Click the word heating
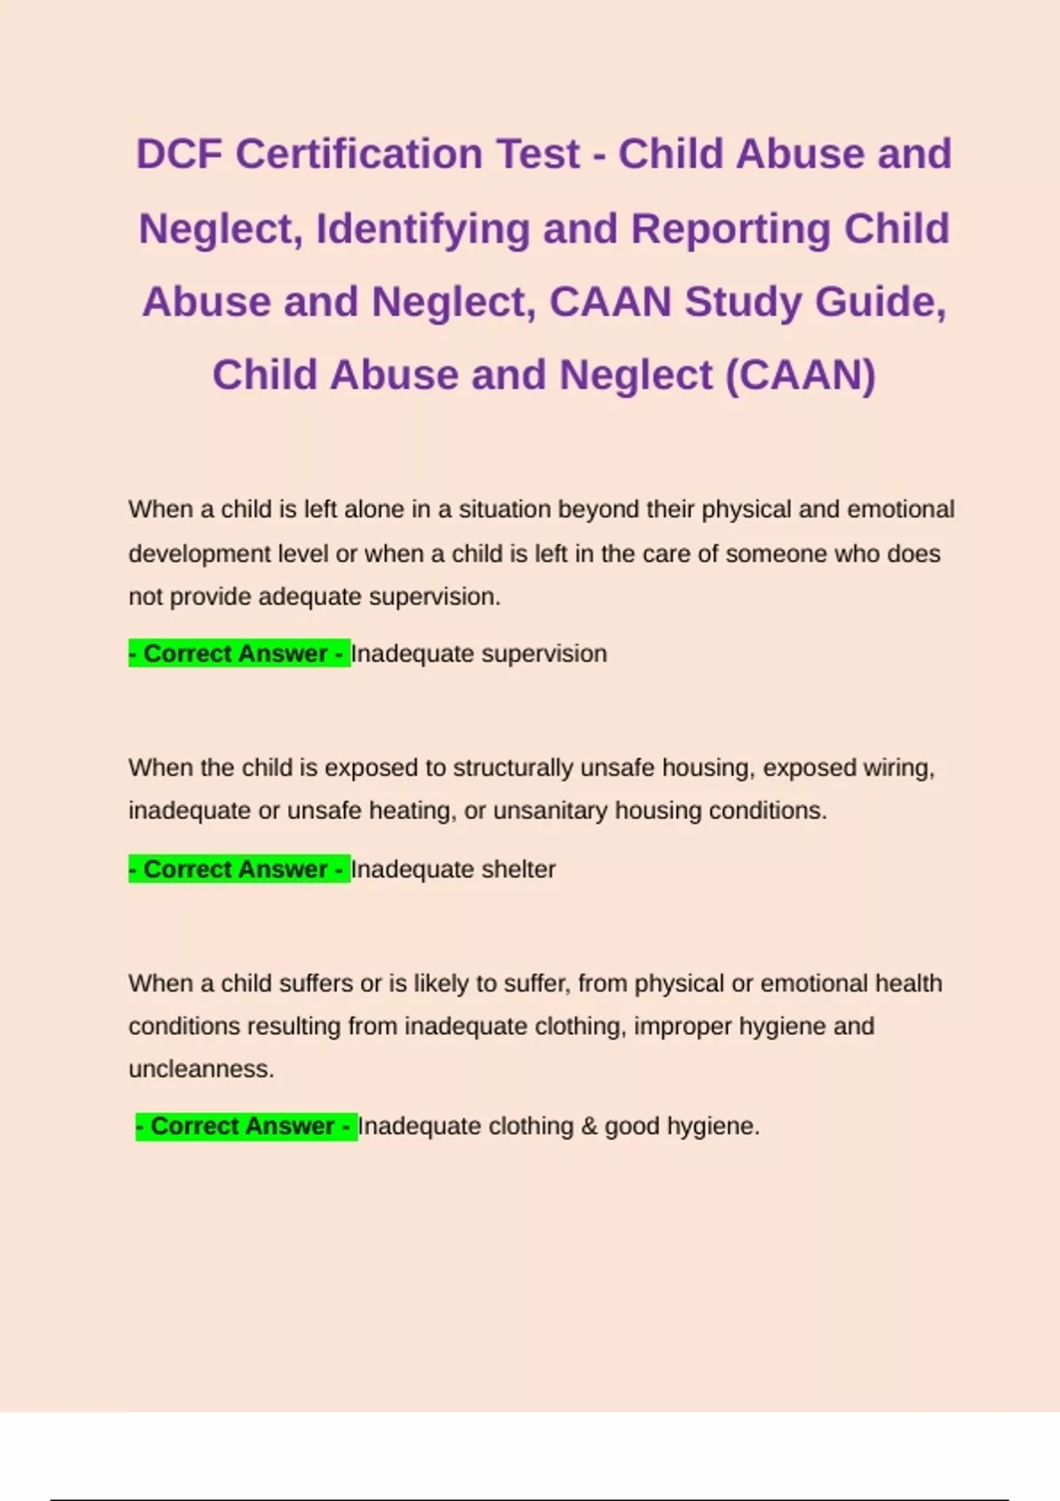coord(409,811)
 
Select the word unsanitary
coord(549,811)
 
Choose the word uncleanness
coord(201,1069)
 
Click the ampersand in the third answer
coord(589,1127)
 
